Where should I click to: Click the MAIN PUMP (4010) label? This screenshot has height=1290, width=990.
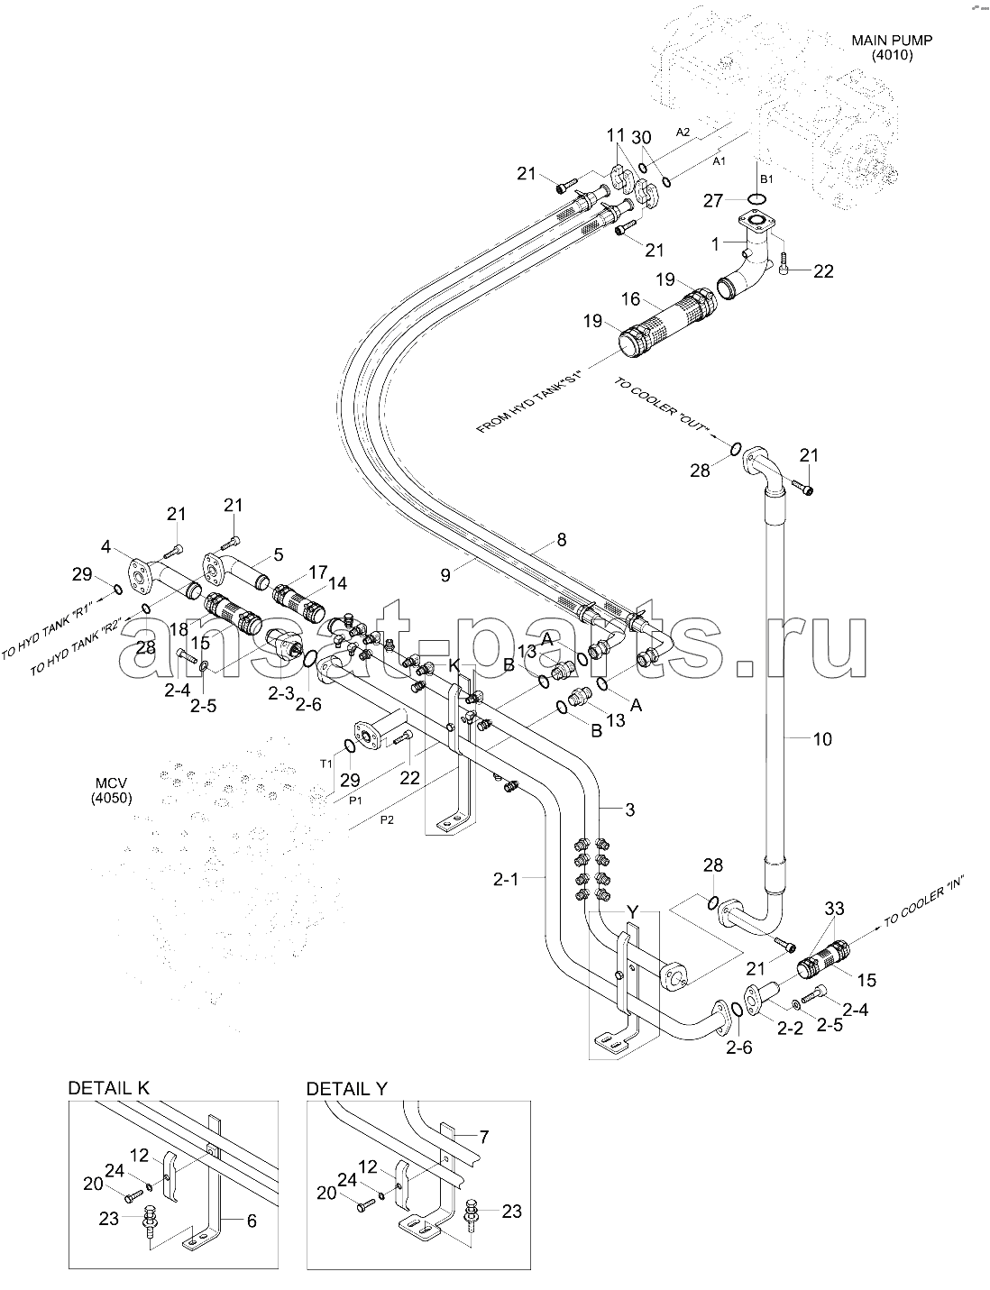(892, 48)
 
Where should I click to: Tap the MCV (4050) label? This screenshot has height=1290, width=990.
(112, 791)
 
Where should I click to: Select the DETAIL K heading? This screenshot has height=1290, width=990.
(109, 1088)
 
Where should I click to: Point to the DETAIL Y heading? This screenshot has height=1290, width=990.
(346, 1089)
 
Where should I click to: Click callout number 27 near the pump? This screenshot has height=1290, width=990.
(713, 201)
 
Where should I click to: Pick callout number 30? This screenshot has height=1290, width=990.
(641, 137)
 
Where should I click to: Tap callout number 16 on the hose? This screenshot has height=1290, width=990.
(630, 298)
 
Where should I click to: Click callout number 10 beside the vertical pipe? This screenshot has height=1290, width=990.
(822, 739)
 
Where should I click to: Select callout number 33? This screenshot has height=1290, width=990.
(834, 909)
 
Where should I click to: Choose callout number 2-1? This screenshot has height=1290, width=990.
(506, 879)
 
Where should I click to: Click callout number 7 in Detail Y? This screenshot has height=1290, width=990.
(483, 1138)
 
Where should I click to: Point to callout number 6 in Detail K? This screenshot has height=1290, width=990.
(252, 1221)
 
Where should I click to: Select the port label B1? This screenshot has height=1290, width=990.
(766, 178)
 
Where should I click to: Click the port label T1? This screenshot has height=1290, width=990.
(325, 764)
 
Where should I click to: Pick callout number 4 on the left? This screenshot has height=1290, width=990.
(105, 546)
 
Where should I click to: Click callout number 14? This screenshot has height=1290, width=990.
(337, 583)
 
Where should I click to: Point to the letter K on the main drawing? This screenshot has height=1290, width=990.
(454, 665)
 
